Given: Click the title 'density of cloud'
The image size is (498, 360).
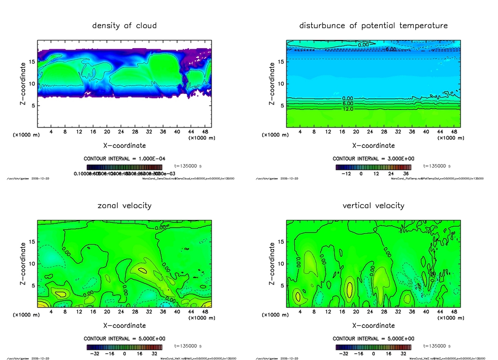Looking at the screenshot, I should (x=124, y=25).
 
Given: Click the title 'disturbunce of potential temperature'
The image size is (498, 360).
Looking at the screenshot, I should (x=373, y=25).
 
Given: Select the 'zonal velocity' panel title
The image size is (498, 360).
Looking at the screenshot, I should (x=124, y=206).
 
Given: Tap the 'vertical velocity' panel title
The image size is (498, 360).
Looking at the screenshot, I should (x=373, y=206).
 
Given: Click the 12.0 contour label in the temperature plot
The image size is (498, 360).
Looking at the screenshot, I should (x=348, y=109).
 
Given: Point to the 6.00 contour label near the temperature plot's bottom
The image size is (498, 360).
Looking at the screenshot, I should (x=348, y=104).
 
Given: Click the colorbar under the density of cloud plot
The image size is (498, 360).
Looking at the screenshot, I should (x=124, y=166).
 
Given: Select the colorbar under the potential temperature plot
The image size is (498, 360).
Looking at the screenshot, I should (x=373, y=166).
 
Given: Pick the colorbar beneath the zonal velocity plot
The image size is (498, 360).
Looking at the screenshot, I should (x=124, y=347).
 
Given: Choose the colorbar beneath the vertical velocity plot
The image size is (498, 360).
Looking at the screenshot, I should (x=373, y=347).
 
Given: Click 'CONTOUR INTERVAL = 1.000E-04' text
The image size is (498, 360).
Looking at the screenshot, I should (x=124, y=159).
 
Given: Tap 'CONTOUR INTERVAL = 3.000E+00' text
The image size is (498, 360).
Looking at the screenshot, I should (x=373, y=159).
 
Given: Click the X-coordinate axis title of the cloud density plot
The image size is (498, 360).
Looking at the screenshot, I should (x=124, y=145).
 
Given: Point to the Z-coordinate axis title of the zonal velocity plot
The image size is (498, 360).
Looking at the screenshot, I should (x=23, y=264).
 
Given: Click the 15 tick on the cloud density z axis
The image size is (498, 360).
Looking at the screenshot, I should (x=33, y=62).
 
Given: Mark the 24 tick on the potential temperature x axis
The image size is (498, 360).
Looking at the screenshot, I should (x=370, y=131).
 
